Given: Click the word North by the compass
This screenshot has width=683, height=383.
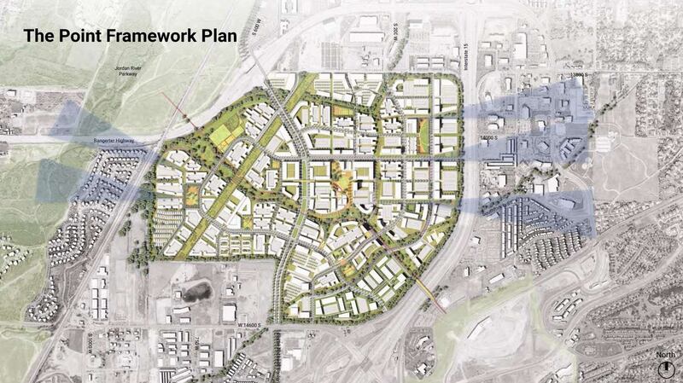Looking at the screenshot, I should [663, 353].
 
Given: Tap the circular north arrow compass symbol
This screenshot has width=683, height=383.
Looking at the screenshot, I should [663, 368].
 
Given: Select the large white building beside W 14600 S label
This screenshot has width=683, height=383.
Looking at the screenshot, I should [229, 311].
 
